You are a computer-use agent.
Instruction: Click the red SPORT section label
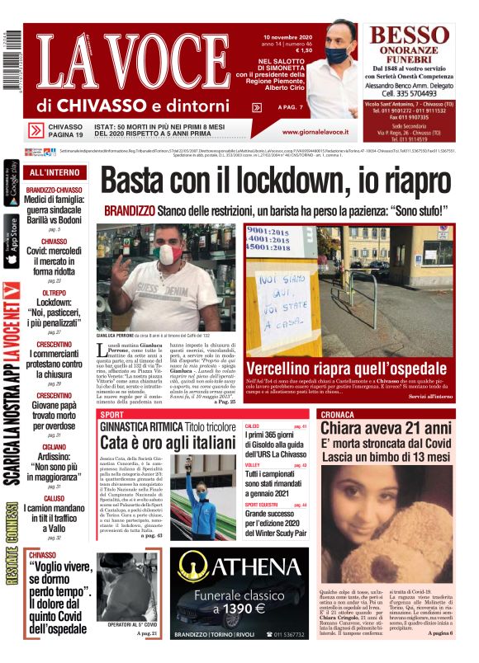112,414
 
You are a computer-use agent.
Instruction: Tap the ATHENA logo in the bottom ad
232,567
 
